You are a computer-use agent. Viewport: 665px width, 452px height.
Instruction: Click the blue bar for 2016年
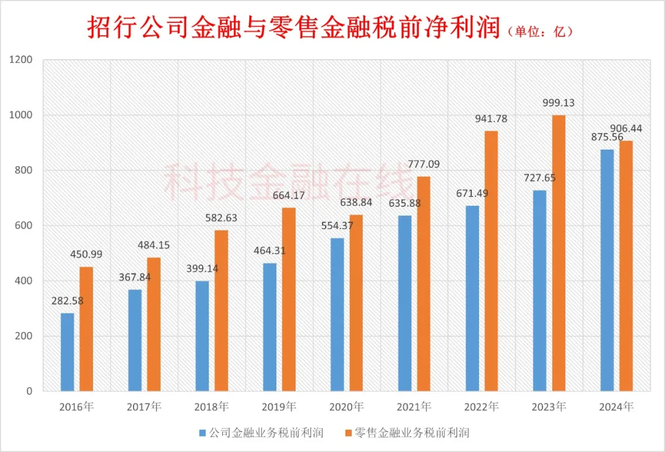pyautogui.click(x=67, y=352)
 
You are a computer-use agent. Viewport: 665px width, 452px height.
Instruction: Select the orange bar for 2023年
pyautogui.click(x=558, y=253)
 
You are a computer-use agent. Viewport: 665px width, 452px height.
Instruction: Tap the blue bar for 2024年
pyautogui.click(x=607, y=270)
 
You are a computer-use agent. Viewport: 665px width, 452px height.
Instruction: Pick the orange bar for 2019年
pyautogui.click(x=289, y=299)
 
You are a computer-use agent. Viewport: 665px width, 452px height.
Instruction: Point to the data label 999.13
pyautogui.click(x=558, y=103)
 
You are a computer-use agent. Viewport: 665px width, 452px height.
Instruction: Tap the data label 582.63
pyautogui.click(x=221, y=219)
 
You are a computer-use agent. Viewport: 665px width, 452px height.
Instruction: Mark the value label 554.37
pyautogui.click(x=337, y=226)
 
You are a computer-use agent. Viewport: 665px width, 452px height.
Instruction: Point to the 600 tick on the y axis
pyautogui.click(x=23, y=225)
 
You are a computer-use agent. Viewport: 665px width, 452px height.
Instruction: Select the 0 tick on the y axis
pyautogui.click(x=29, y=391)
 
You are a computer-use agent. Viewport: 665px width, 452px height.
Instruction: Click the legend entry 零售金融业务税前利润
pyautogui.click(x=411, y=432)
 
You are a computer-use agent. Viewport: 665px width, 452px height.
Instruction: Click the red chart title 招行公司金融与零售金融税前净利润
pyautogui.click(x=293, y=28)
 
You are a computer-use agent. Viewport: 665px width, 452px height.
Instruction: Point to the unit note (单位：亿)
pyautogui.click(x=540, y=31)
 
